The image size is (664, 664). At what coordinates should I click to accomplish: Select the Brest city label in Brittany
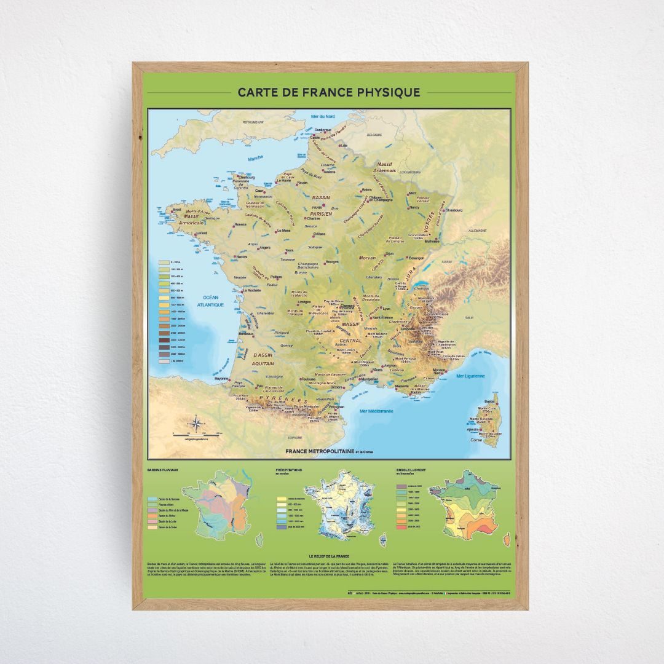click(177, 209)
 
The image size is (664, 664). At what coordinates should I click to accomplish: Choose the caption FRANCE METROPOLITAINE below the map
click(320, 451)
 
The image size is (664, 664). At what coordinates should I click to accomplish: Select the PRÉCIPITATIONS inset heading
click(288, 470)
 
